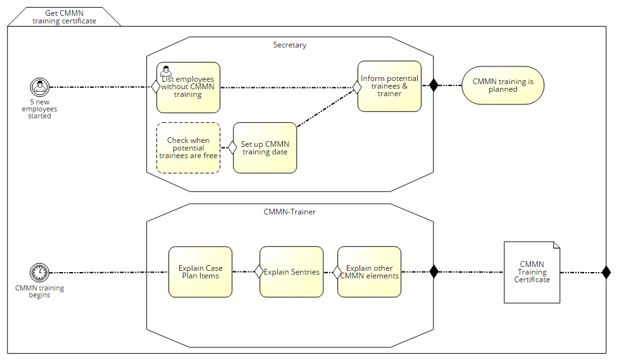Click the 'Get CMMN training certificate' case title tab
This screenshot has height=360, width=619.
pos(64,17)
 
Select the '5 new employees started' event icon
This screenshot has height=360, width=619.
pos(39,87)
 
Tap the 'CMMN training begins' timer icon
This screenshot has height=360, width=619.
pos(39,273)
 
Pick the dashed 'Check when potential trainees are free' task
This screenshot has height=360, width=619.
pos(188,148)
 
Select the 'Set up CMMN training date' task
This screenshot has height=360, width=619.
pos(265,148)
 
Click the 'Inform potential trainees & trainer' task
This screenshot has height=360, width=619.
pos(389,86)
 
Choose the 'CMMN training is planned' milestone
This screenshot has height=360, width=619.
pos(503,85)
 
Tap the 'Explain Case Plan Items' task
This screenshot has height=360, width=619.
pos(200,272)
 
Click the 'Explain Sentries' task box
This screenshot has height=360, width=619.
pos(291,272)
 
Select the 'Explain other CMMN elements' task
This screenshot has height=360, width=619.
pos(369,272)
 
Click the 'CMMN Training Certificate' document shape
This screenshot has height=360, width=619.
pos(532,272)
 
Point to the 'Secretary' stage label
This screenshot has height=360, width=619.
pos(289,45)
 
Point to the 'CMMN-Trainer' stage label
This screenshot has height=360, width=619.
pos(289,212)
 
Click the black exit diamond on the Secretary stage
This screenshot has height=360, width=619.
pos(434,85)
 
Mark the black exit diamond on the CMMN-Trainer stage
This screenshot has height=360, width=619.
pos(434,272)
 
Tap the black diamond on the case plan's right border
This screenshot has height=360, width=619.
pos(606,272)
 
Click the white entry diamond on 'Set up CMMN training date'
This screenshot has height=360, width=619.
pos(232,147)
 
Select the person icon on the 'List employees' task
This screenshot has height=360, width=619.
pos(166,71)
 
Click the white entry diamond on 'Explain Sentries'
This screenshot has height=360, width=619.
pos(259,272)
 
